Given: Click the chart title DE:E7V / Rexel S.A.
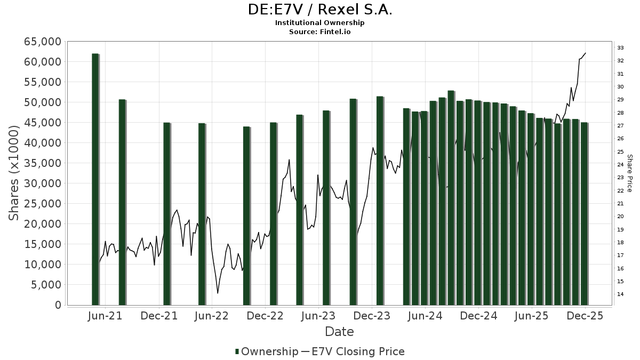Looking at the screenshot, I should click(x=320, y=10).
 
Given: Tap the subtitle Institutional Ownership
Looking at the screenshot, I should click(x=320, y=23).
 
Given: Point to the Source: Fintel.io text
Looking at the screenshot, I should click(x=320, y=31).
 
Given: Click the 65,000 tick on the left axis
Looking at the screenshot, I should click(x=40, y=42).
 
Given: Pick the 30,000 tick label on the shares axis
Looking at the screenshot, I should click(x=40, y=183).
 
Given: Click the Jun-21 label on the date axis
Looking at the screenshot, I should click(x=105, y=316).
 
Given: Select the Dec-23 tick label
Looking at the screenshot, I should click(x=372, y=316).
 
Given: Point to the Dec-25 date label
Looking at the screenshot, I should click(x=585, y=316).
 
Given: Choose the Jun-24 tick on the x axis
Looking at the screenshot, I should click(x=425, y=316).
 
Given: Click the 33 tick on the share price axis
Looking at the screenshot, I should click(x=621, y=48).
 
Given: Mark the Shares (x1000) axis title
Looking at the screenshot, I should click(x=14, y=173).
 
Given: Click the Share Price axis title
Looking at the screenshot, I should click(x=630, y=173).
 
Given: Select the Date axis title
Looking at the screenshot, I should click(x=340, y=332).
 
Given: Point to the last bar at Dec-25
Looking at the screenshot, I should click(x=584, y=213).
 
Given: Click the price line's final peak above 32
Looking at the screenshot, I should click(x=586, y=53).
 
